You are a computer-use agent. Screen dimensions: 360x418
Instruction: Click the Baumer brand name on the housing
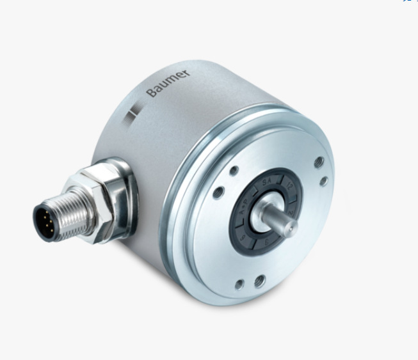(168, 83)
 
